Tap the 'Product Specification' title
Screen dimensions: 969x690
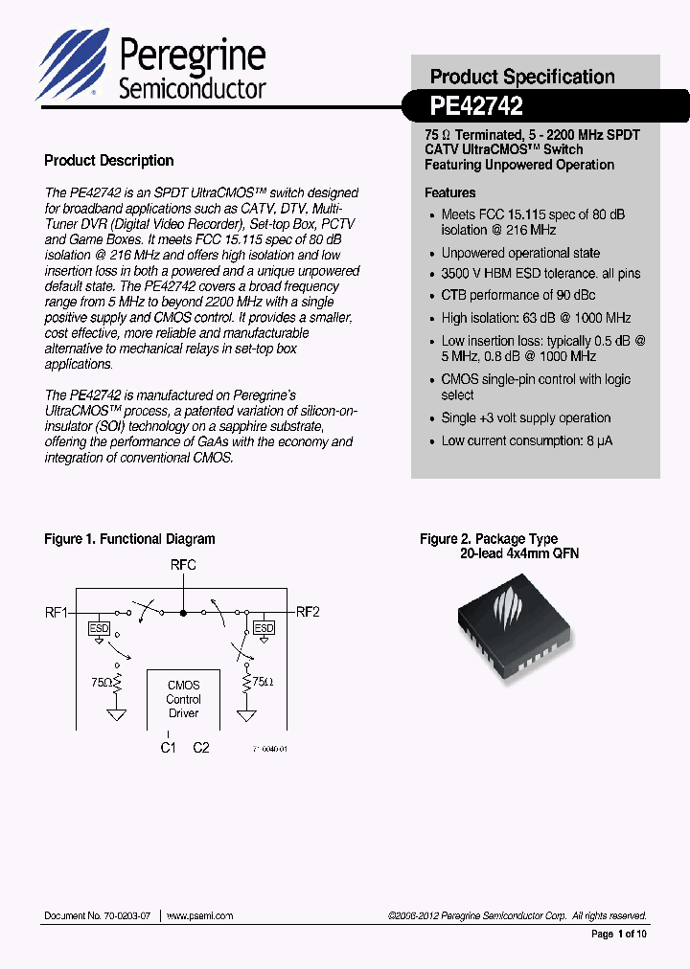[x=522, y=77]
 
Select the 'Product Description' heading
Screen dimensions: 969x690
[x=109, y=161]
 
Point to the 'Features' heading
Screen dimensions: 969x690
[x=450, y=192]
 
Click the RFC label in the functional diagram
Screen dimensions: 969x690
[x=183, y=566]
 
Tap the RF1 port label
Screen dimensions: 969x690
[x=57, y=611]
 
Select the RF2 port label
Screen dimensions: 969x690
[x=308, y=611]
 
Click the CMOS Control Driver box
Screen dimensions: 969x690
[x=183, y=699]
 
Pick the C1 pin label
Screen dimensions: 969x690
[x=168, y=747]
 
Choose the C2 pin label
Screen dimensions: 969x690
[x=200, y=747]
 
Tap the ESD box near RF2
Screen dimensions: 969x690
[x=264, y=628]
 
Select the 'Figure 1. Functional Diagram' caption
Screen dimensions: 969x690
[x=129, y=539]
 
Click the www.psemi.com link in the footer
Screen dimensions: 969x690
[x=200, y=915]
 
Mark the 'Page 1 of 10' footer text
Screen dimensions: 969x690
[x=619, y=934]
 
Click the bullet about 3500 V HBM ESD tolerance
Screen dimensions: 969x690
[x=540, y=274]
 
